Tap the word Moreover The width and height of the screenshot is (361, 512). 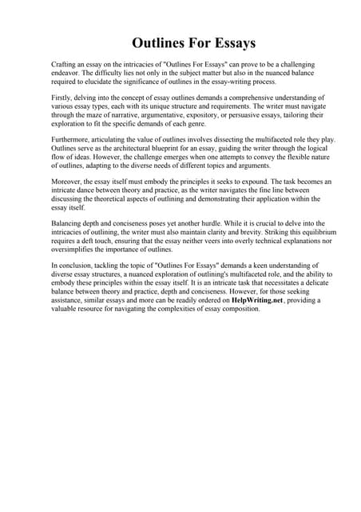click(x=68, y=182)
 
